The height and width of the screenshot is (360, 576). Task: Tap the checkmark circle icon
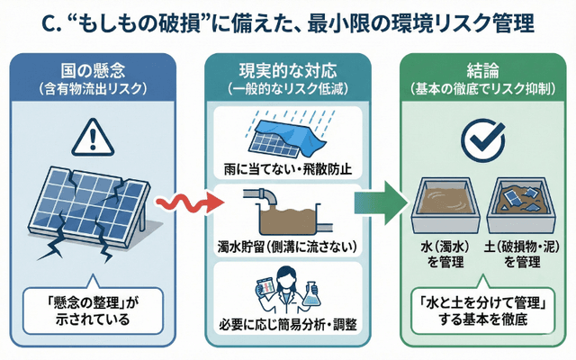474,137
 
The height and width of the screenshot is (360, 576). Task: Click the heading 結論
474,70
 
